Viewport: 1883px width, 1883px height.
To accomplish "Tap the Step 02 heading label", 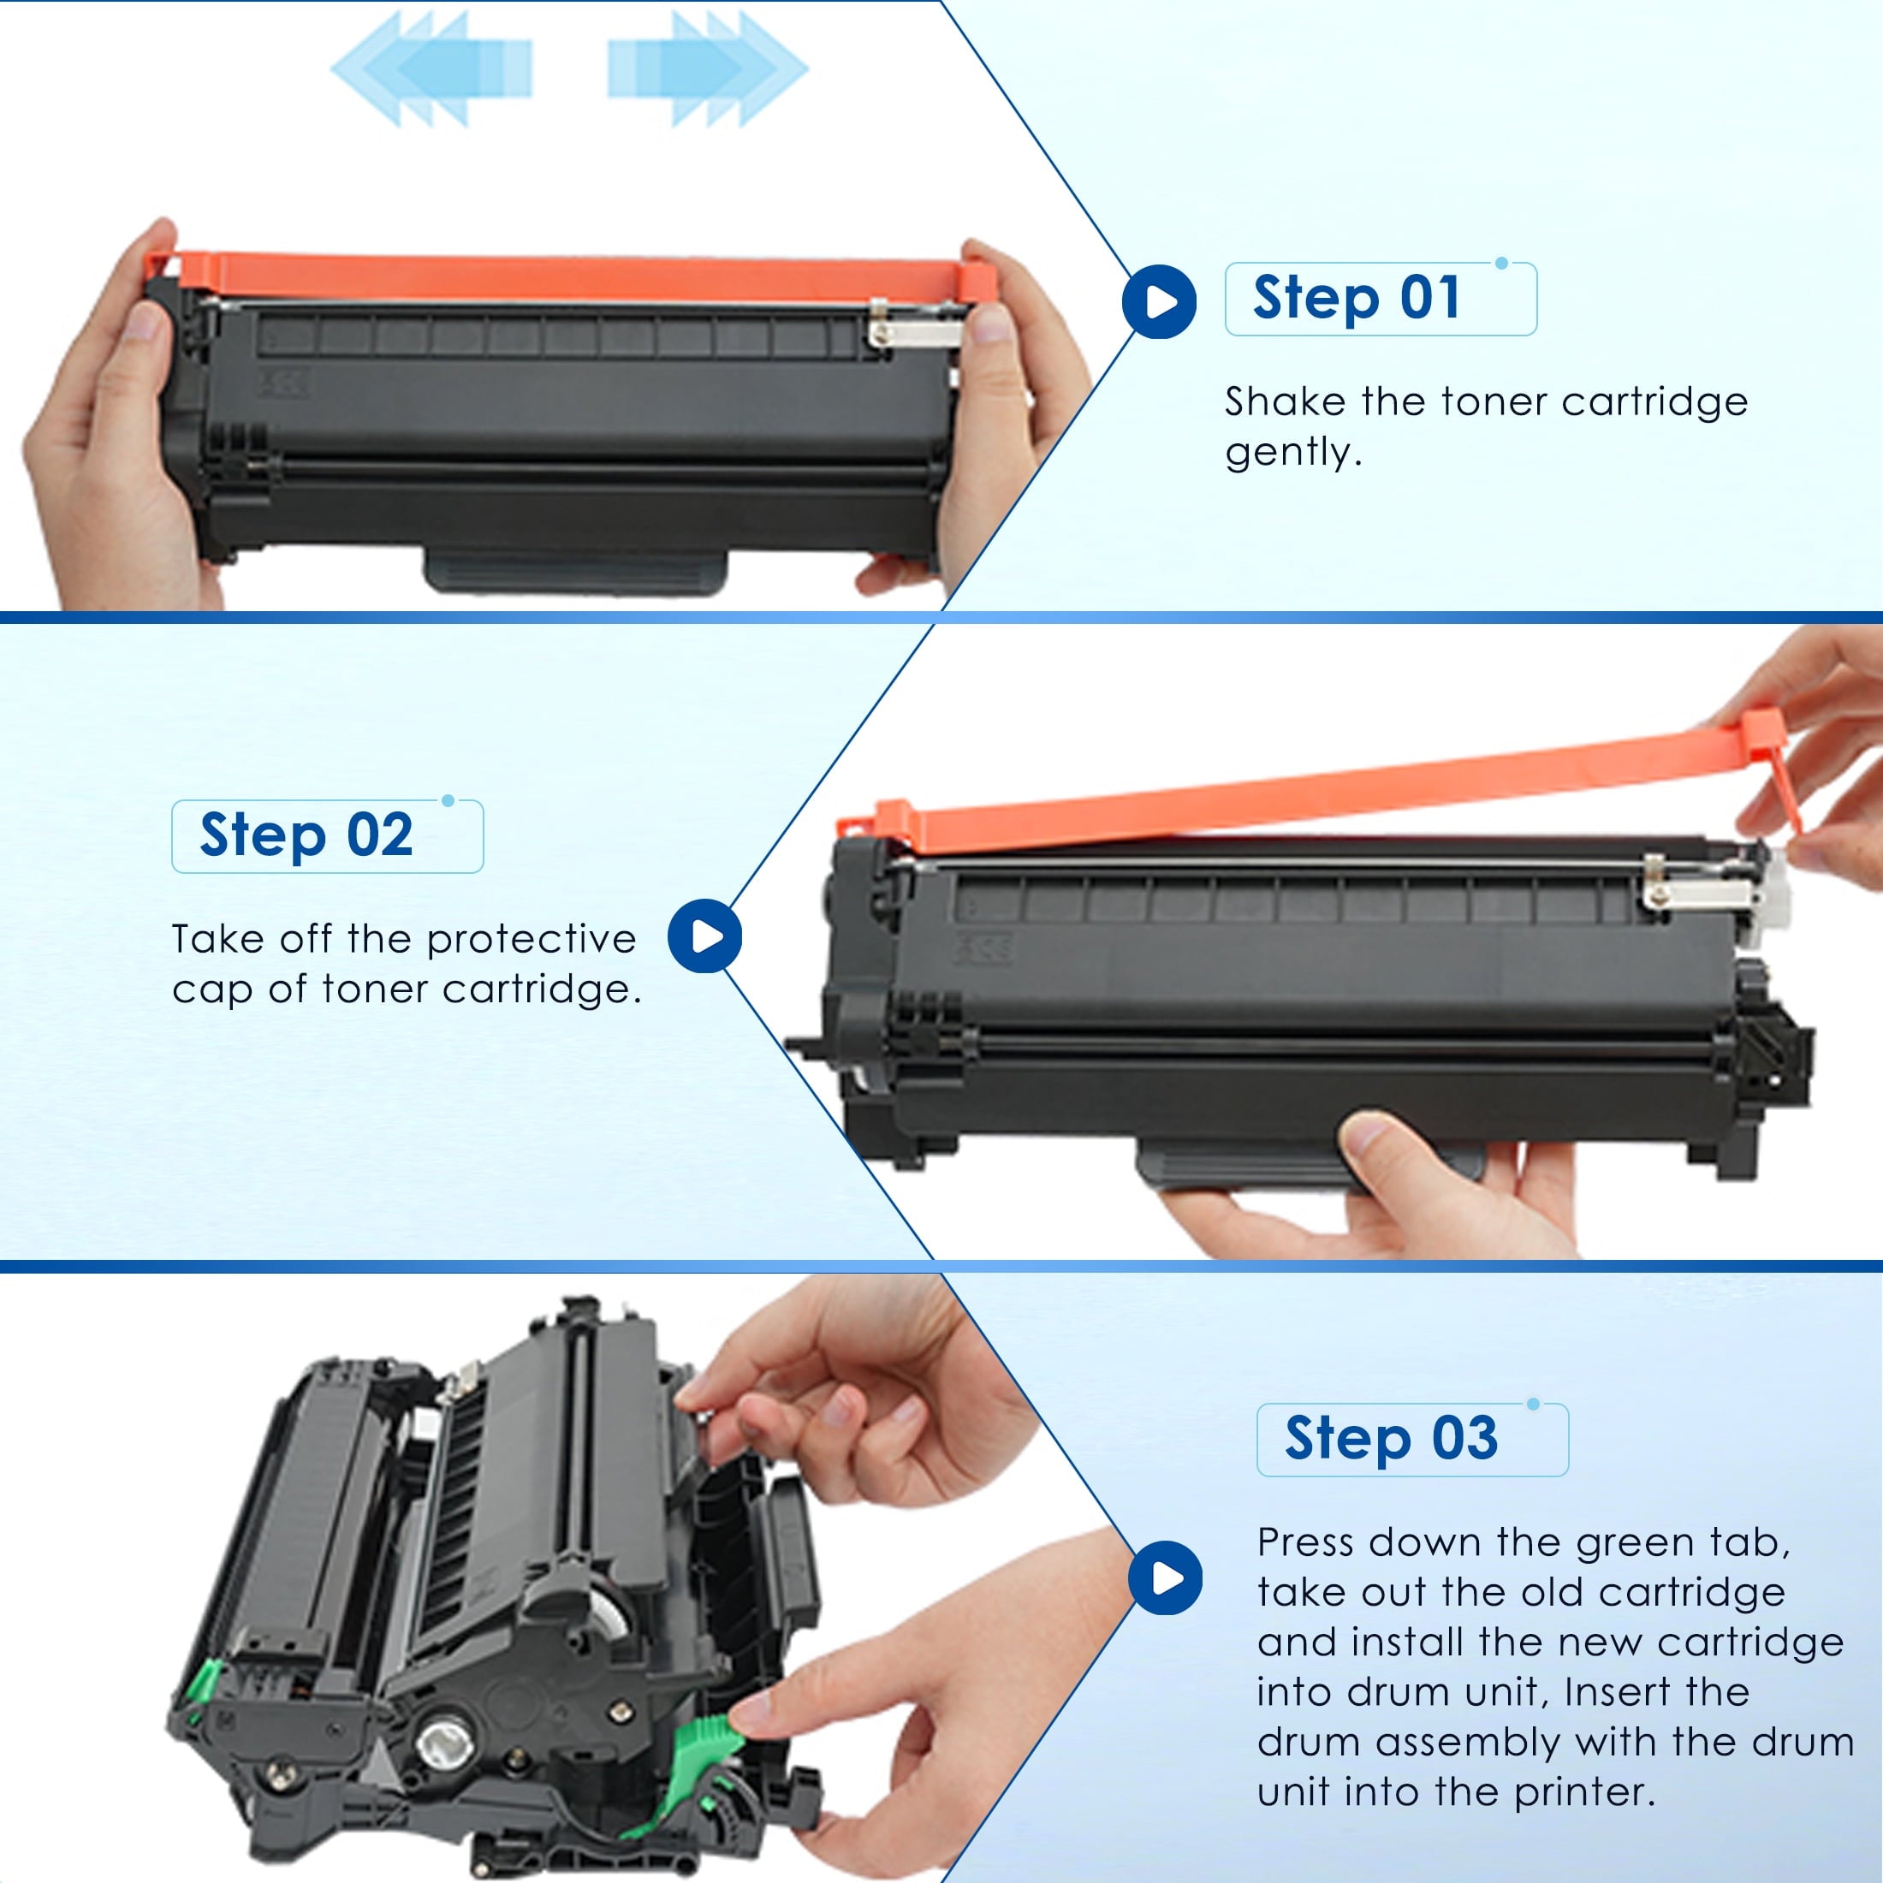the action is [306, 836].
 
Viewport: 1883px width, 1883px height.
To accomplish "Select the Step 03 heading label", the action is [1391, 1440].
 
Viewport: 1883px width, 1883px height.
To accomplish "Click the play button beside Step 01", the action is [1159, 301].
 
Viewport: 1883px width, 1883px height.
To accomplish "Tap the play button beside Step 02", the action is [704, 936].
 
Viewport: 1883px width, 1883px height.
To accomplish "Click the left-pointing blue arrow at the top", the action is [431, 68].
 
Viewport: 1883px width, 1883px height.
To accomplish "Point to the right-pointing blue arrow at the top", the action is [708, 68].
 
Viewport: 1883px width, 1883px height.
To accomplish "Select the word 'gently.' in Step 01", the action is [1293, 452].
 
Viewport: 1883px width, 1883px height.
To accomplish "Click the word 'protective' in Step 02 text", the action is [532, 940].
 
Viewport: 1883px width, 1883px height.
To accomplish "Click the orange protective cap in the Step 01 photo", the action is [570, 278].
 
